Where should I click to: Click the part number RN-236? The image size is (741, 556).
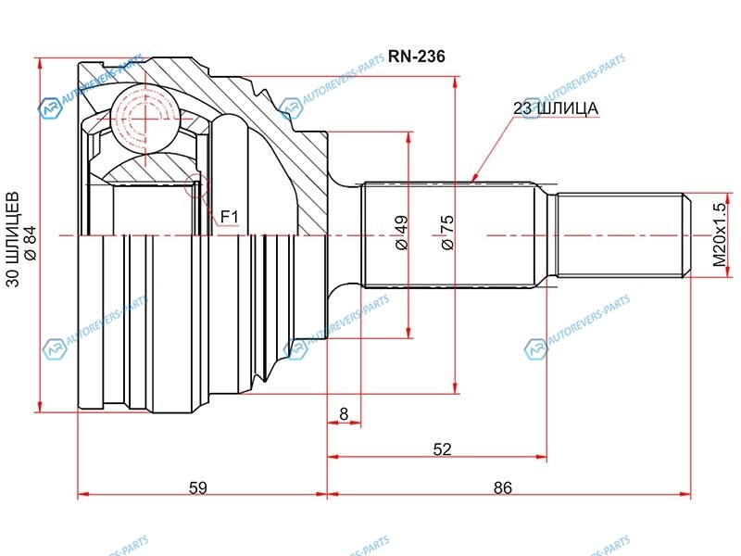(x=417, y=57)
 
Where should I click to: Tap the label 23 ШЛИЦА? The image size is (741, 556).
(x=555, y=108)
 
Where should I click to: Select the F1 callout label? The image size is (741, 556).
(x=229, y=218)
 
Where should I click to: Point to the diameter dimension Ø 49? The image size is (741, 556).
(x=401, y=232)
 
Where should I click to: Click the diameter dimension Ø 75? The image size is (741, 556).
(x=446, y=232)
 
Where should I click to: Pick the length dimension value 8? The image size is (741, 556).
(x=344, y=414)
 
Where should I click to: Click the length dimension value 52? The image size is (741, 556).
(x=442, y=449)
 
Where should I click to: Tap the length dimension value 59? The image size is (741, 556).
(x=197, y=487)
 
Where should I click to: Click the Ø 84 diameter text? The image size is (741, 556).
(x=30, y=242)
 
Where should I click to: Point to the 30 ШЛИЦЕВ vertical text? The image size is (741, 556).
(x=13, y=242)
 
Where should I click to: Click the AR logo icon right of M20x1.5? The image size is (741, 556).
(x=535, y=348)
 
